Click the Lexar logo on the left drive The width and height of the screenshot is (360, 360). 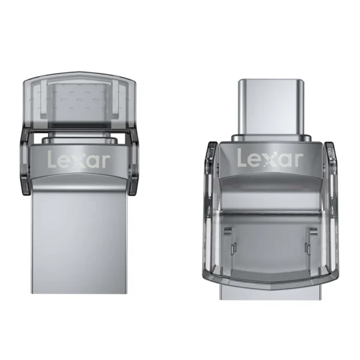(x=79, y=160)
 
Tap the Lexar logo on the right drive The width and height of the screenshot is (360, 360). (x=270, y=158)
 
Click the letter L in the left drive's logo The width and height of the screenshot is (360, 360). (x=52, y=160)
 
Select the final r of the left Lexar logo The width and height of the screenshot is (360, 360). (x=106, y=161)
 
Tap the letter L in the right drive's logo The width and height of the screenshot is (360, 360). (x=241, y=158)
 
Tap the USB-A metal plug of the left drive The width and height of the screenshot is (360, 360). (x=79, y=240)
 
